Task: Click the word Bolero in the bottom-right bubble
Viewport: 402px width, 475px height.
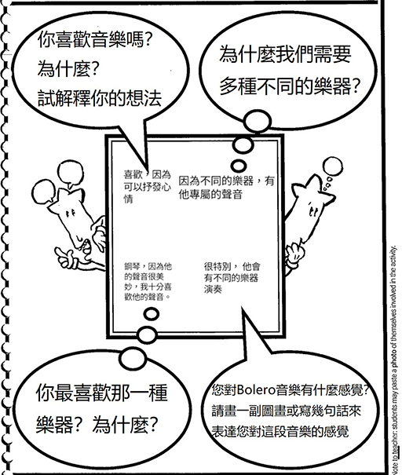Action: [x=256, y=390]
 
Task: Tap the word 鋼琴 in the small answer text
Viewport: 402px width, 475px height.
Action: [x=131, y=267]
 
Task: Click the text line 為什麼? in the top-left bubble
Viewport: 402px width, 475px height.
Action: [x=68, y=69]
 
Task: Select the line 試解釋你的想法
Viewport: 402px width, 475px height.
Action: [x=100, y=98]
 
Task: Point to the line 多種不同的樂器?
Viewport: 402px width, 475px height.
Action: [x=290, y=86]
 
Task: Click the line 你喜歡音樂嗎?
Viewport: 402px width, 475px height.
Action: [x=94, y=40]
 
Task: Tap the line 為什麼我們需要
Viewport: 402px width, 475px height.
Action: [x=285, y=54]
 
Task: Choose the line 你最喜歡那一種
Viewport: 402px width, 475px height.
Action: [x=102, y=393]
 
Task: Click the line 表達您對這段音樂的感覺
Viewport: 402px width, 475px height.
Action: [x=280, y=431]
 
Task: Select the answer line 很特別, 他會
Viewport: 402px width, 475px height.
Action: [x=232, y=267]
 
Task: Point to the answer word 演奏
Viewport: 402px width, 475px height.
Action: [x=213, y=289]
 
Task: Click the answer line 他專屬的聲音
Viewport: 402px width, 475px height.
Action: [x=210, y=195]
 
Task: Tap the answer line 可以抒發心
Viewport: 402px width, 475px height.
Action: [x=148, y=187]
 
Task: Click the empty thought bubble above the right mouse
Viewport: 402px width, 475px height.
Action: [x=333, y=166]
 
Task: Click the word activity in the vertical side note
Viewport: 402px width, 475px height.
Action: [x=394, y=256]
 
